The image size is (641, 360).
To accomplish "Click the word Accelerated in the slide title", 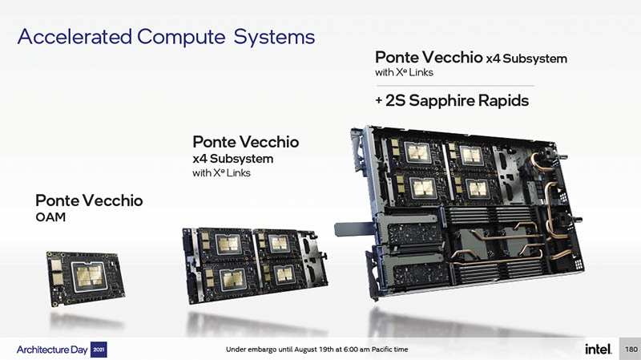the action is tap(75, 36).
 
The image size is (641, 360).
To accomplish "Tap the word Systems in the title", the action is tap(274, 38).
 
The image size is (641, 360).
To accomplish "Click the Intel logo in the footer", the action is tap(598, 349).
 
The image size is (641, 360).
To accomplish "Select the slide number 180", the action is tap(631, 349).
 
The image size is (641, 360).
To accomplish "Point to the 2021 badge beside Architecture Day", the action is tap(99, 350).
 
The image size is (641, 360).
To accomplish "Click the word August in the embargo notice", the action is tap(305, 350).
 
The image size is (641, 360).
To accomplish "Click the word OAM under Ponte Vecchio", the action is tap(50, 217).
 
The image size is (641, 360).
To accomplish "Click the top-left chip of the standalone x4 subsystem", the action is tap(228, 244).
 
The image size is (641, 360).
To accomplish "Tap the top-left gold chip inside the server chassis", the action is tap(417, 152).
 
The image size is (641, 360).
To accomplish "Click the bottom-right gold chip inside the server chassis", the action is tap(477, 188).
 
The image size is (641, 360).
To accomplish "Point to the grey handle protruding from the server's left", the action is tap(354, 229).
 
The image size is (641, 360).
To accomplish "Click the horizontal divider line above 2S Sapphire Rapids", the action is tap(455, 86).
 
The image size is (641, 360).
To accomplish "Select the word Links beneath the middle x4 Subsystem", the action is tap(238, 173).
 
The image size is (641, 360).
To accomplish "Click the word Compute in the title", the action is tap(181, 37).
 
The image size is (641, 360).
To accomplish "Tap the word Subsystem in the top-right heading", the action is tap(534, 59).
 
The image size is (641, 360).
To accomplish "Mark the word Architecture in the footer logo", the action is tap(43, 350).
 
